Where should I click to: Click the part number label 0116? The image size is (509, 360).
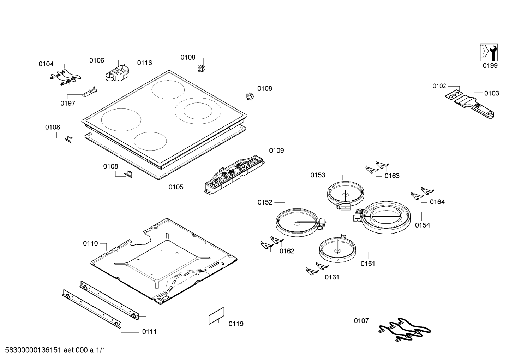coord(144,63)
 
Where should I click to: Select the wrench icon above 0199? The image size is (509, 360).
coord(489,53)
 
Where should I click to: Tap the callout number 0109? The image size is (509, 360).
coord(276,151)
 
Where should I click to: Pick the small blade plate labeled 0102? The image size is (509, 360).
coord(453,95)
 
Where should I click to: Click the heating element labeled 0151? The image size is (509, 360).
coord(337,249)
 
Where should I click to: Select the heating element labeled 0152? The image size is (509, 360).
coord(297,222)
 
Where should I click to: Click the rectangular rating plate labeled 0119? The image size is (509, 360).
coord(216,315)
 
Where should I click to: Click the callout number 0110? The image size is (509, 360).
coord(90,243)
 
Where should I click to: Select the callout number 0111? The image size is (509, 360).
coord(149,331)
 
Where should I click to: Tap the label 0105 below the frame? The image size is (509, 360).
coord(176,187)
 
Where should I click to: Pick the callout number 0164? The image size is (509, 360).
coord(437,202)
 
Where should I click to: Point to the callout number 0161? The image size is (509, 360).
coord(332,277)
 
